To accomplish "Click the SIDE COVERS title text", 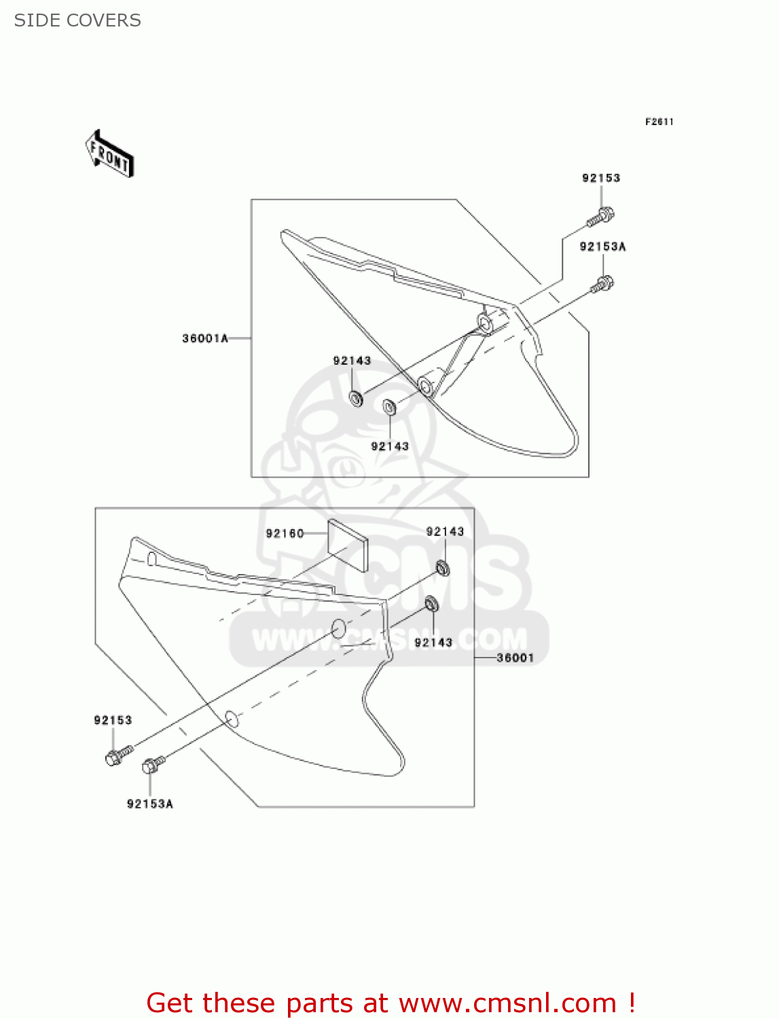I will [x=77, y=20].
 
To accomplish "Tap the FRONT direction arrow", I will [x=109, y=154].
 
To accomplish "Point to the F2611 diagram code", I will [x=659, y=122].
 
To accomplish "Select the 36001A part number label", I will [x=205, y=338].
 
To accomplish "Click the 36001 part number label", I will [x=515, y=658].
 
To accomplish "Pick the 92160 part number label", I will [x=285, y=533].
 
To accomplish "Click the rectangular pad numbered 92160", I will [x=348, y=544].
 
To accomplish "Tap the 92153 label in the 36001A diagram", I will [x=601, y=178].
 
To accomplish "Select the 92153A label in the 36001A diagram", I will [x=602, y=247].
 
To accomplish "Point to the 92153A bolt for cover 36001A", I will [x=602, y=284].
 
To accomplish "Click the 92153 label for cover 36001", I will [x=113, y=720].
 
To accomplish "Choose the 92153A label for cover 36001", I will [x=149, y=804].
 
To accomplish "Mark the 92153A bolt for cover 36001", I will [x=152, y=766].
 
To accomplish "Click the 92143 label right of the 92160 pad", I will [x=445, y=532].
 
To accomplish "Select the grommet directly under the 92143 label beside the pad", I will [x=442, y=567].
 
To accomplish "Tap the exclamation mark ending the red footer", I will [x=632, y=1003].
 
